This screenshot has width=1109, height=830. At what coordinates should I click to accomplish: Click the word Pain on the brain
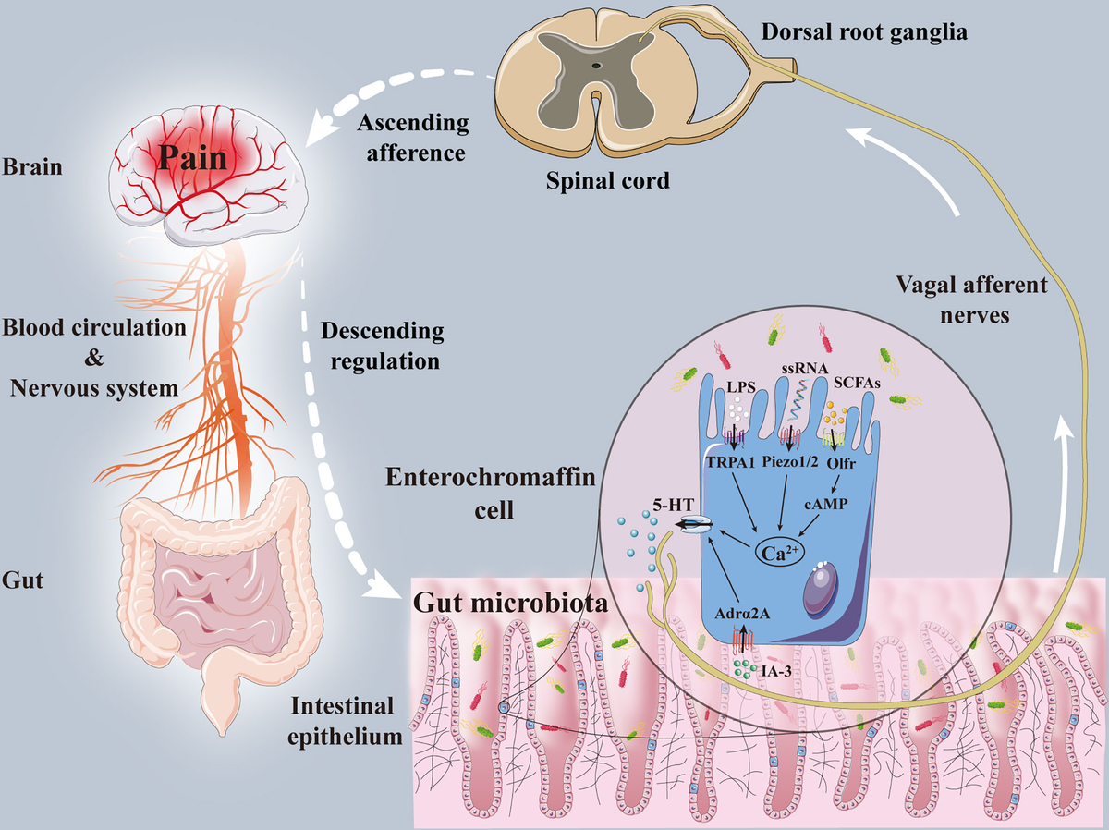pos(192,158)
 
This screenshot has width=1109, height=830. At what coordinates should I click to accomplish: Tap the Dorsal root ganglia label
pos(864,32)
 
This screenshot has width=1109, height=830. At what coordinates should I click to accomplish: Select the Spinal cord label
pos(608,180)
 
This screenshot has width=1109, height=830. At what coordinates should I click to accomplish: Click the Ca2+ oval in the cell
pos(780,552)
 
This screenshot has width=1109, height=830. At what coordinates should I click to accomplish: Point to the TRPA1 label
pos(731,462)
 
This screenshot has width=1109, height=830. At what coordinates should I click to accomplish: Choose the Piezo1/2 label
pos(789,461)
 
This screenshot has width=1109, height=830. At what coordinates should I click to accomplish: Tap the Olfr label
pos(841,463)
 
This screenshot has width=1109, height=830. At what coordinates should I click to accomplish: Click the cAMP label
pos(825,504)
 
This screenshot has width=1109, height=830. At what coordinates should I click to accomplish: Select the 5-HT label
pos(673,505)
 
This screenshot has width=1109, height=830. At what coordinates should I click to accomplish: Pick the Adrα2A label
pos(742,614)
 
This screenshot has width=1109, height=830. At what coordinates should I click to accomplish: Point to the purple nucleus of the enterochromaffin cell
pos(821,589)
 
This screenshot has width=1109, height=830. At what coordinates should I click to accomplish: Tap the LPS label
pos(741,387)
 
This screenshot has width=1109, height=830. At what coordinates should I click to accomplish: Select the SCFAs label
pos(857,384)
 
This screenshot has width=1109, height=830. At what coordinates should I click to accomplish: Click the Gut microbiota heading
pos(511,603)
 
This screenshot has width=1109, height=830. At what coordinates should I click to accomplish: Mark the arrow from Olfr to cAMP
pos(835,484)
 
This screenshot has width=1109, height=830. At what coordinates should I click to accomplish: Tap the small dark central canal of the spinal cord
pos(597,66)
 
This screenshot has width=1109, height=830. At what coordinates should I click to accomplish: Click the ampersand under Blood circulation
pos(94,359)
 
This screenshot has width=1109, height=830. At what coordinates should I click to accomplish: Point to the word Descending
pos(383,332)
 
